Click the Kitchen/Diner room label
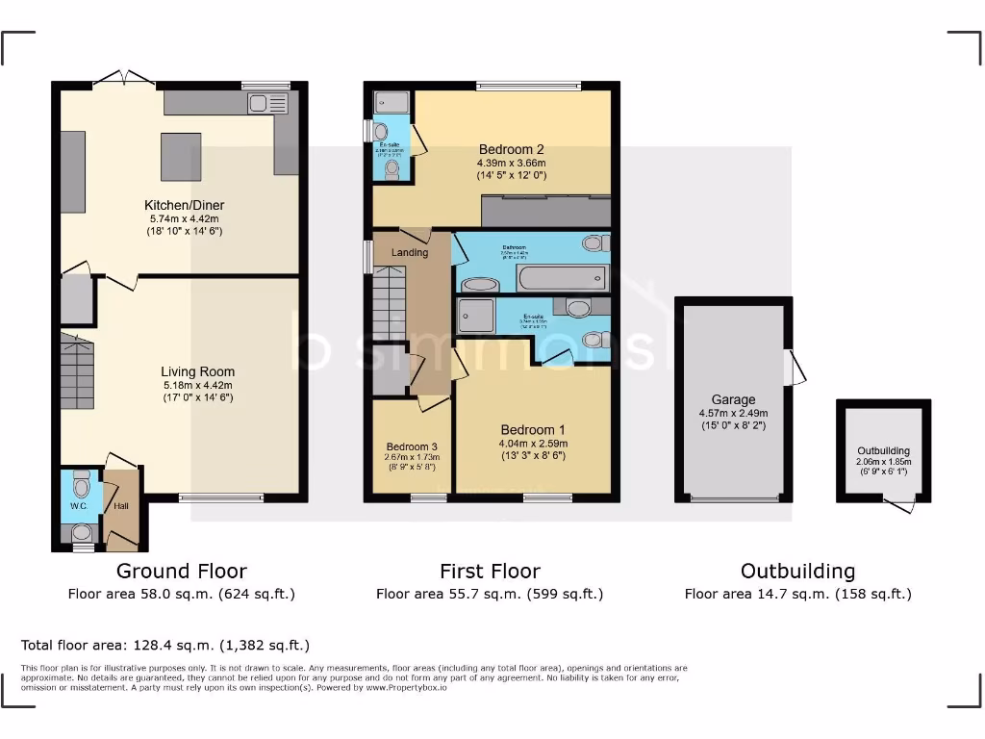pos(184,205)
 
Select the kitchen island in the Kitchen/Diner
pos(181,157)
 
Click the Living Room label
pos(197,371)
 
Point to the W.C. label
pos(78,506)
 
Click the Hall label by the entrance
pos(121,506)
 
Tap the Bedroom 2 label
pos(512,149)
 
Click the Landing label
pos(409,252)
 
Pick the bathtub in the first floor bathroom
pos(563,279)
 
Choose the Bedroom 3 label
pos(412,446)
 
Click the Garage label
pos(733,399)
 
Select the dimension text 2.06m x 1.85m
pos(883,461)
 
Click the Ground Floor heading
pos(181,571)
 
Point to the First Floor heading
pos(490,571)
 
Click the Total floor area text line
pos(165,645)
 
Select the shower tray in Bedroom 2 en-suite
pos(391,102)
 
